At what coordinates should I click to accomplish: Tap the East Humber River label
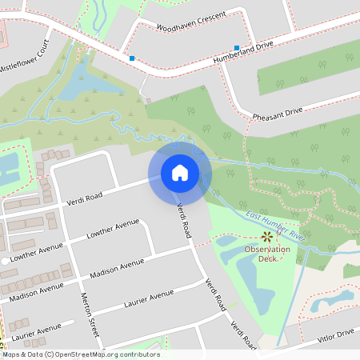[277, 226]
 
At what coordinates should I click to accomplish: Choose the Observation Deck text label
[267, 254]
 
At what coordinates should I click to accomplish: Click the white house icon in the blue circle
[180, 172]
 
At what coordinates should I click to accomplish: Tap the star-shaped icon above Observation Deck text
[267, 236]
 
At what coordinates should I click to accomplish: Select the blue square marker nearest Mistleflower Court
[132, 58]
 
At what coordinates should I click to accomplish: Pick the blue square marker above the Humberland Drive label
[238, 48]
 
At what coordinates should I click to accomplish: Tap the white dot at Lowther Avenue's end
[5, 262]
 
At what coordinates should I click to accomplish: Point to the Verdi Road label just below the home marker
[184, 220]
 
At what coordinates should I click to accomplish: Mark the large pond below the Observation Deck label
[258, 292]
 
